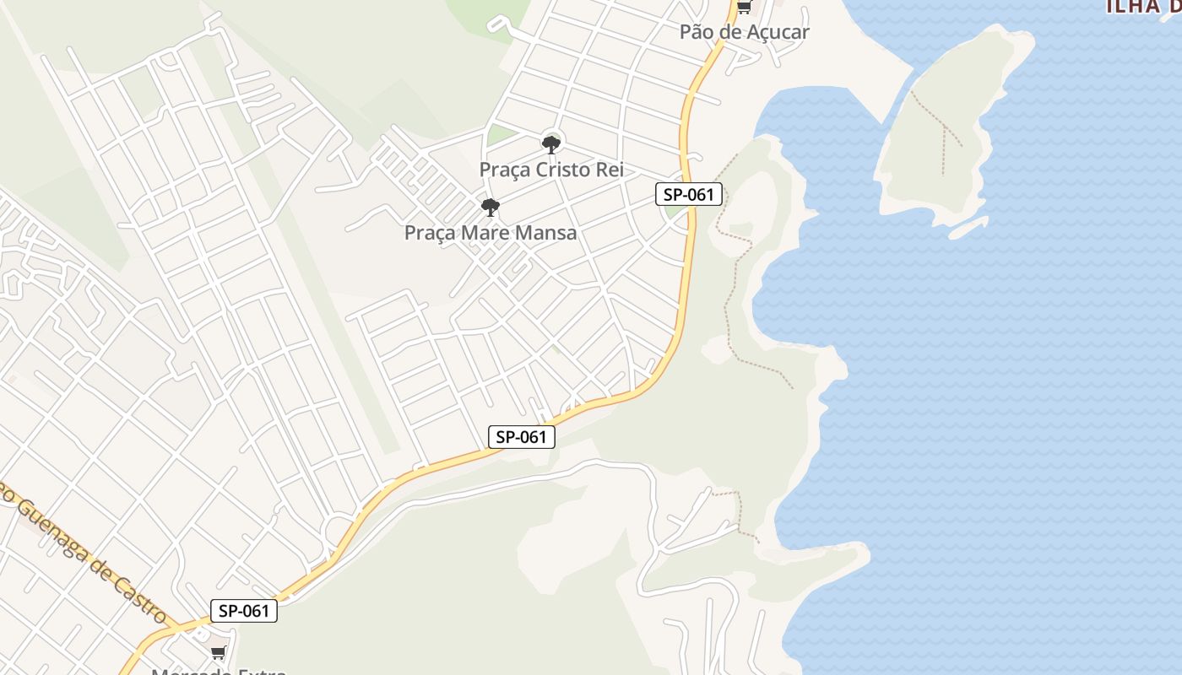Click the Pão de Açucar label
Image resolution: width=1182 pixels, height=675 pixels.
tap(745, 32)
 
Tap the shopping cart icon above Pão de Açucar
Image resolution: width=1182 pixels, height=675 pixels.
tap(744, 8)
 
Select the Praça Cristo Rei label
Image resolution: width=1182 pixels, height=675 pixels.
tap(551, 170)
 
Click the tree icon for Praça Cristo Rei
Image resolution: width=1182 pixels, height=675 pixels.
tap(551, 144)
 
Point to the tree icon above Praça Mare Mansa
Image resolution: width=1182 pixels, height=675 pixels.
tap(490, 208)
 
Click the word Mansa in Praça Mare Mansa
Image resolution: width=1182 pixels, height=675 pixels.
tap(549, 233)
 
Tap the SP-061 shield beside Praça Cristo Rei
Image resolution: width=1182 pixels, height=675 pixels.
tap(689, 195)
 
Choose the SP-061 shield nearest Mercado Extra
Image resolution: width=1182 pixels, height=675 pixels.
tap(243, 611)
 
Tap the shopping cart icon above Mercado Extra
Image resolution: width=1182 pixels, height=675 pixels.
tap(219, 652)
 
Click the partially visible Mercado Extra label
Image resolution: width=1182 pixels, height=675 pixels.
tap(219, 672)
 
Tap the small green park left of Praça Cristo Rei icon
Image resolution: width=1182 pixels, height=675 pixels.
tap(502, 133)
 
